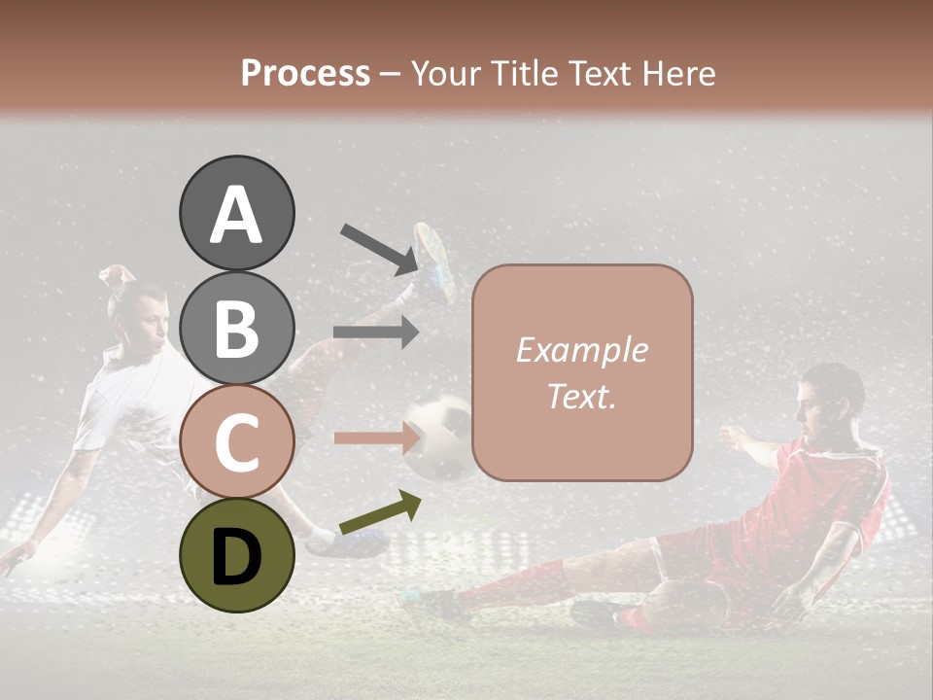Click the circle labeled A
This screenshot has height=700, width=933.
[x=236, y=213]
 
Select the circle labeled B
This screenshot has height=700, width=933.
[x=236, y=328]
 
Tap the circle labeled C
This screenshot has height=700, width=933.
[x=236, y=441]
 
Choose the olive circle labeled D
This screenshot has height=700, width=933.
[x=236, y=555]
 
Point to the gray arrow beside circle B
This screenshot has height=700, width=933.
[x=376, y=332]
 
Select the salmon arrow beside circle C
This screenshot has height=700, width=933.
[x=376, y=437]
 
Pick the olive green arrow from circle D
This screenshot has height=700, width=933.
[x=380, y=513]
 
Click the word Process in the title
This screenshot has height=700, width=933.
[x=305, y=73]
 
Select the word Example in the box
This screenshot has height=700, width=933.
[x=581, y=350]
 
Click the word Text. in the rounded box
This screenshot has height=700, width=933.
[x=581, y=396]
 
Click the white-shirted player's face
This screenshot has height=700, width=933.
[x=151, y=321]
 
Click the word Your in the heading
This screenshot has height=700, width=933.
[x=442, y=73]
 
